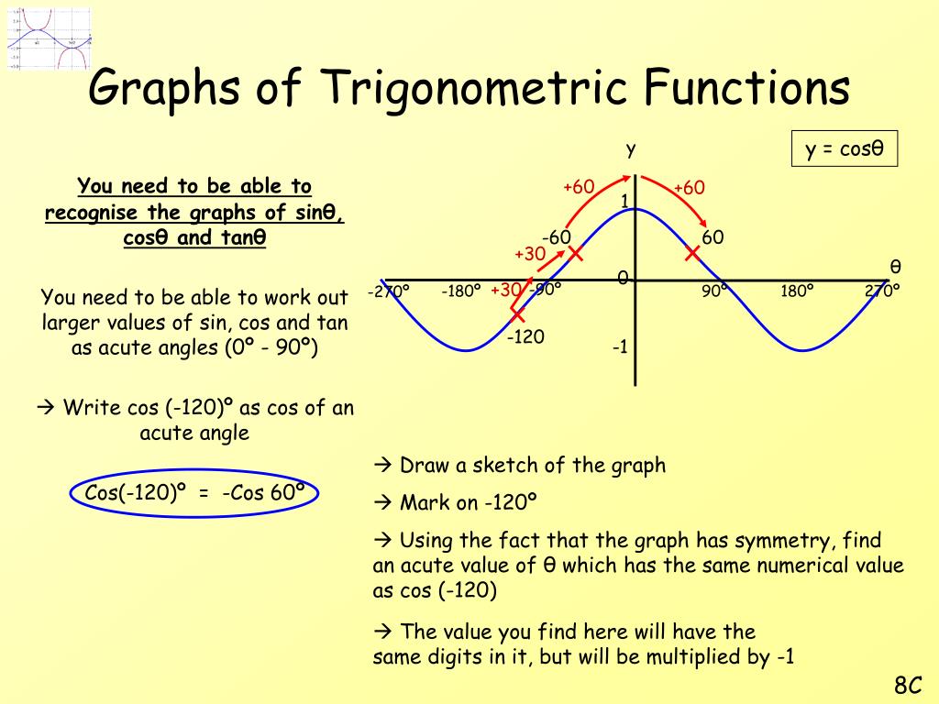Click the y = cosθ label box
click(x=845, y=149)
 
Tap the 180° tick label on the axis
click(x=797, y=291)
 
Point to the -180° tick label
click(x=460, y=291)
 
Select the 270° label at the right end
click(x=882, y=291)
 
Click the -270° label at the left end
click(x=388, y=291)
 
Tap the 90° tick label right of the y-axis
click(x=715, y=291)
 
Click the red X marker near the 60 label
click(x=692, y=253)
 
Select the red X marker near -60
click(x=575, y=253)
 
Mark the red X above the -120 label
click(x=518, y=314)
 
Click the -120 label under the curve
click(x=525, y=337)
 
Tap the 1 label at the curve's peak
click(x=624, y=201)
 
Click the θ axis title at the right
click(x=895, y=267)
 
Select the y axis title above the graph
click(x=631, y=149)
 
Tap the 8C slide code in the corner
click(x=907, y=685)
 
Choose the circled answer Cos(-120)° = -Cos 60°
click(x=194, y=493)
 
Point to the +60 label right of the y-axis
click(x=689, y=188)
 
